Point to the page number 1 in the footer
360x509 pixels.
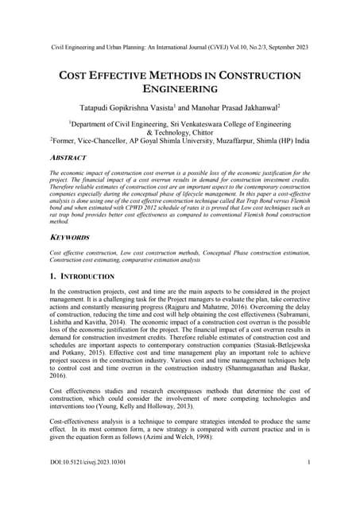coord(308,484)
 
